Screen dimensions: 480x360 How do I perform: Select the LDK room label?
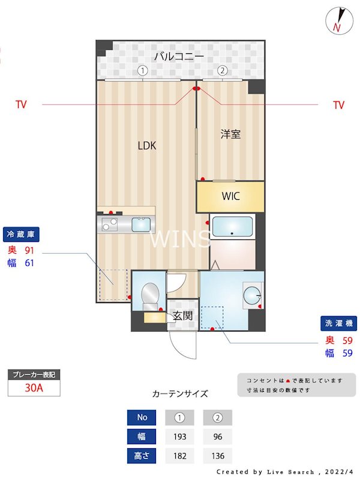[x=147, y=145]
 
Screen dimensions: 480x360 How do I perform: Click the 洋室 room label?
[x=230, y=134]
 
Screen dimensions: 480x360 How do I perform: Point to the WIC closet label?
[x=231, y=196]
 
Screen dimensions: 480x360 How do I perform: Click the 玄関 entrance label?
[x=182, y=315]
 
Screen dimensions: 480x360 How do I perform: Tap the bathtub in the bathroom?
[x=233, y=228]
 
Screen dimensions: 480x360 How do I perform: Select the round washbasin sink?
[x=253, y=294]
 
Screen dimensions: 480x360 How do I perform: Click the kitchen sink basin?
[x=142, y=224]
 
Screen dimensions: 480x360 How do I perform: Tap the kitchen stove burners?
[x=110, y=225]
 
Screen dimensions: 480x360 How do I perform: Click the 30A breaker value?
[x=34, y=388]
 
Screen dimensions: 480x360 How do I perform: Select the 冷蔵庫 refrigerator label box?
[x=24, y=234]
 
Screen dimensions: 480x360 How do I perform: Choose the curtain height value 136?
[x=217, y=456]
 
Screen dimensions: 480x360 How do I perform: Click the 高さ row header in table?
[x=141, y=456]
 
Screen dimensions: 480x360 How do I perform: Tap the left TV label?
[x=21, y=105]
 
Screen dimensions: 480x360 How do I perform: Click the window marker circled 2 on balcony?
[x=222, y=70]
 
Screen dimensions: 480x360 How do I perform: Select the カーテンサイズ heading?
[x=180, y=394]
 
